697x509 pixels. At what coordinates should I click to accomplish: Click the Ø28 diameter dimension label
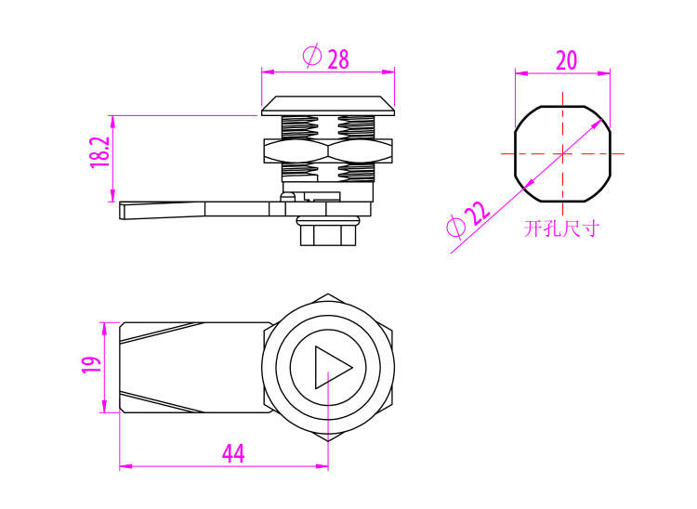pos(326,57)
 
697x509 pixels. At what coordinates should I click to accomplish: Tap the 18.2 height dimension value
pos(99,152)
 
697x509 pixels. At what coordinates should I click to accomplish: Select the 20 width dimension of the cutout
pos(567,60)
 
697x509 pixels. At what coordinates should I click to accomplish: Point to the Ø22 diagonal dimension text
pos(468,220)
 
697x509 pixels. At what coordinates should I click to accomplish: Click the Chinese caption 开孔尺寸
pos(562,228)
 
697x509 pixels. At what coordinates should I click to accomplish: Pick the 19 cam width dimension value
pos(92,365)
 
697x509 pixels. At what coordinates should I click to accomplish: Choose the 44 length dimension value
pos(233,453)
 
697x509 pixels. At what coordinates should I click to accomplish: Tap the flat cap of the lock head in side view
pos(328,106)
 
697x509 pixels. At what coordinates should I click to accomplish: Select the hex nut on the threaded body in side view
pos(328,151)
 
